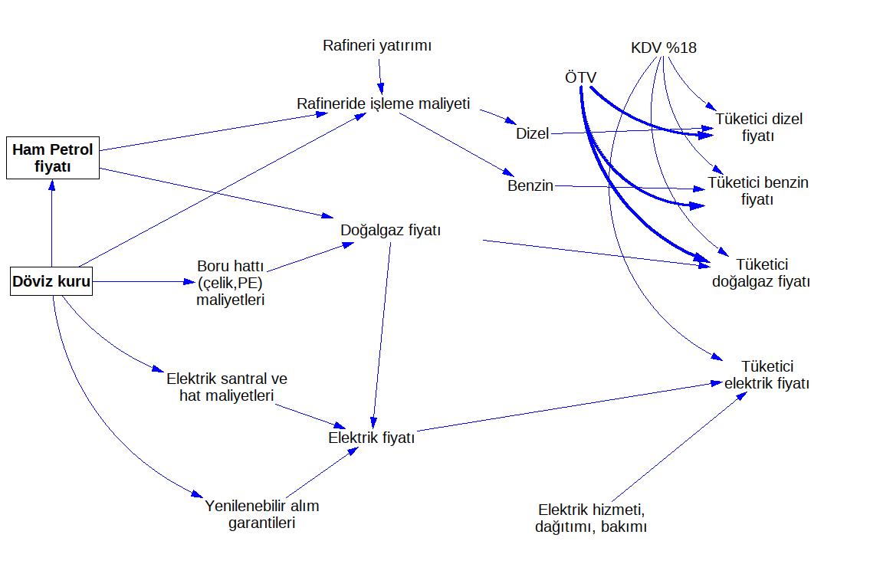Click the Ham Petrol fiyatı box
coord(53,158)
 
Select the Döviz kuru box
coord(51,282)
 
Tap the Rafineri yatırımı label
coord(377,46)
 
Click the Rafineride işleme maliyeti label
coord(383,103)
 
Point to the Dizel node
coord(533,133)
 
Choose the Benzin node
coord(530,185)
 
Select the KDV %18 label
coord(663,48)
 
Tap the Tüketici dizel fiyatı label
coord(759,127)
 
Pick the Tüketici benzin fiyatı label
coord(757,191)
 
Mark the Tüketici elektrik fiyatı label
coord(767,375)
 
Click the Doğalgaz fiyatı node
coord(390,230)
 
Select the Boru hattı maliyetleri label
coord(231,284)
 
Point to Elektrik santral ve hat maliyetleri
coord(227,387)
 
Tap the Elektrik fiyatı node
coord(371,438)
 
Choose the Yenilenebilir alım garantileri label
coord(261,514)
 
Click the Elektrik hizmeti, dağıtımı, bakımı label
coord(591,518)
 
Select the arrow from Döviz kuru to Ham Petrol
coord(51,222)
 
